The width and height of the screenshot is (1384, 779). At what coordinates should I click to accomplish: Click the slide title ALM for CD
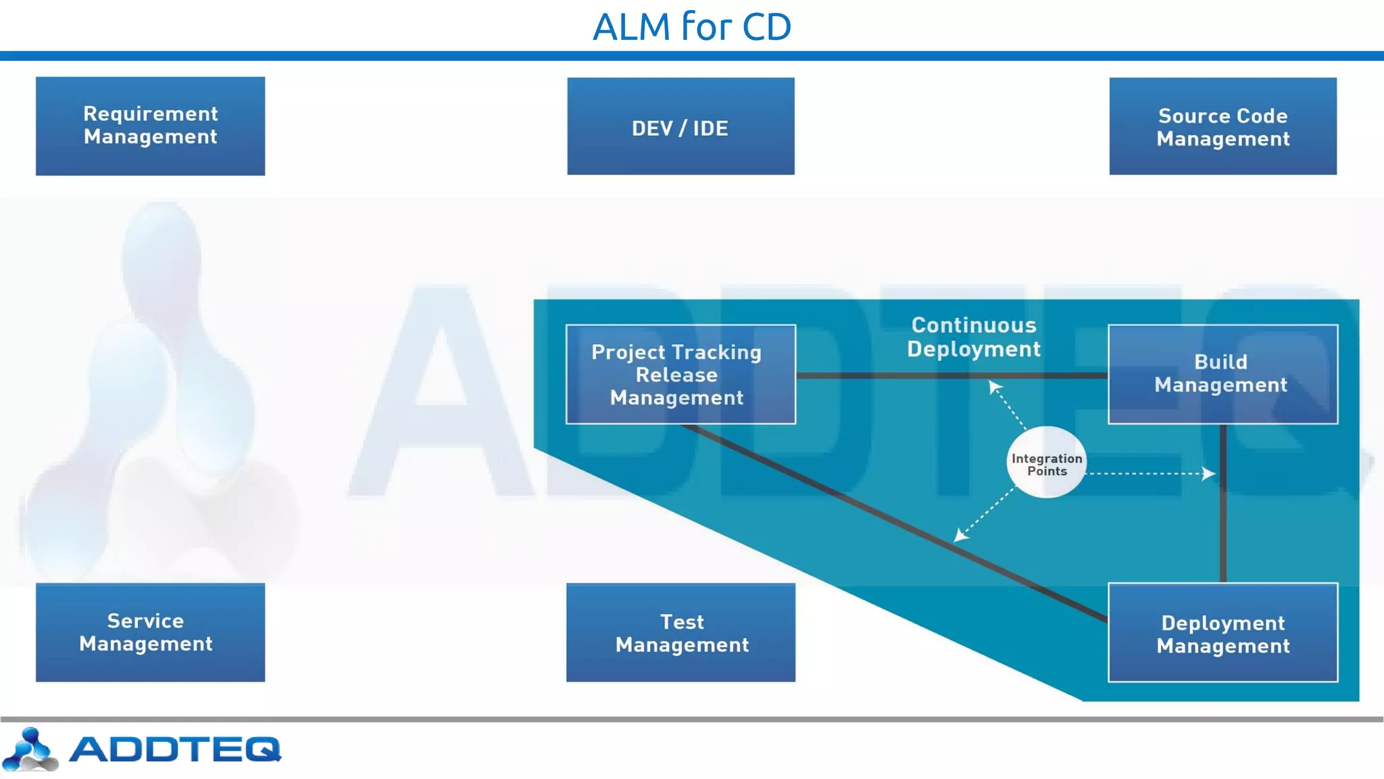tap(691, 27)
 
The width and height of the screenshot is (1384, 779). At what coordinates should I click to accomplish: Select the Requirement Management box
tap(150, 126)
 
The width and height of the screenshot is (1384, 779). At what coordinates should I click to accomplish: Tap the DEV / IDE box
tap(681, 126)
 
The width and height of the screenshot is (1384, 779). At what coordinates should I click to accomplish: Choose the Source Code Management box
tap(1222, 126)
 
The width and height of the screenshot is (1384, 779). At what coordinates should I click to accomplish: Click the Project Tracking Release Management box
tap(681, 375)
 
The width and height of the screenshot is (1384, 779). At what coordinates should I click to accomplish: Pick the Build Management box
tap(1222, 375)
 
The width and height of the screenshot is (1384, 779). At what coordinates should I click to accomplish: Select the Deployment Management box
tap(1222, 633)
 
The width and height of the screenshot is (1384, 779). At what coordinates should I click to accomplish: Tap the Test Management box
tap(681, 633)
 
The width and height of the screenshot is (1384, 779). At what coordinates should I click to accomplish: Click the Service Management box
tap(150, 633)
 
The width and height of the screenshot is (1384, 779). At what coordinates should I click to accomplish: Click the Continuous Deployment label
tap(973, 337)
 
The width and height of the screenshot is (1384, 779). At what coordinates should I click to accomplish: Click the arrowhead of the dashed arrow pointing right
tap(1210, 473)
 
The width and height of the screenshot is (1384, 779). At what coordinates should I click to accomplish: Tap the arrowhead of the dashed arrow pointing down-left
tap(960, 536)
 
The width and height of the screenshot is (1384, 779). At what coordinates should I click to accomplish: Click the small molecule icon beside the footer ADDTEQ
tap(30, 749)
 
